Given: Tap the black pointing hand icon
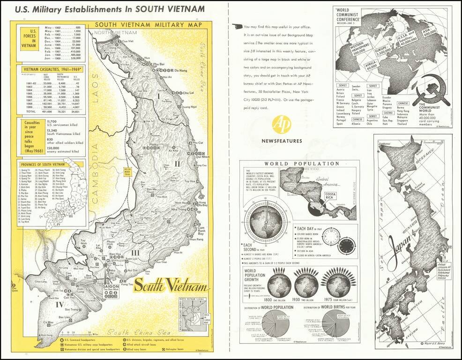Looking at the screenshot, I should (238, 27).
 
